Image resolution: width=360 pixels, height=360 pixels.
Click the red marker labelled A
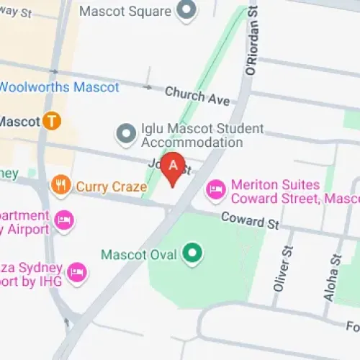[x=173, y=166]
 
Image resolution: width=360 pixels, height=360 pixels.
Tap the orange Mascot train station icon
[x=51, y=121]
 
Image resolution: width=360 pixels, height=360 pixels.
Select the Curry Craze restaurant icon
[x=61, y=186]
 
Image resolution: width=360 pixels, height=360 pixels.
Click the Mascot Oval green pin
[x=192, y=253]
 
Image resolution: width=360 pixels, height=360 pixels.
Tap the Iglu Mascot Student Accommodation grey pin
[x=127, y=133]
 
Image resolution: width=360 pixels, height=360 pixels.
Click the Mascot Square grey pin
[x=187, y=11]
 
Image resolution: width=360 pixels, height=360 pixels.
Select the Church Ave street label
[x=197, y=96]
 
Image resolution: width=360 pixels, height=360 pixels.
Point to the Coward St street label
[x=250, y=220]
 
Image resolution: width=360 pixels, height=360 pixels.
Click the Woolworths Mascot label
[x=59, y=87]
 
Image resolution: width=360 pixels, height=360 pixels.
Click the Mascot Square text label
[x=125, y=11]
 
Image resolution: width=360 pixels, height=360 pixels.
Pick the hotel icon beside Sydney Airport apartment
[x=63, y=220]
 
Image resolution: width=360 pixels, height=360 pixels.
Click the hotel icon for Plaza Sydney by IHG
[x=76, y=272]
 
